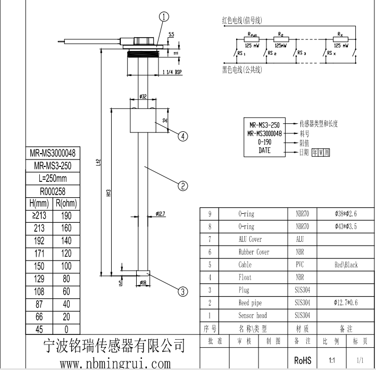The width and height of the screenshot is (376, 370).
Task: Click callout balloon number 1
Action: tap(164, 16)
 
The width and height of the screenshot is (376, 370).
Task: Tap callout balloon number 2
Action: tap(182, 186)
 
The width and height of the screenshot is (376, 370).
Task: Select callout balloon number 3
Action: tap(182, 291)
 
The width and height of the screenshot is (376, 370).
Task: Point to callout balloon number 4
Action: tap(182, 136)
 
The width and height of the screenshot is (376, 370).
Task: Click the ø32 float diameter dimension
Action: tap(143, 96)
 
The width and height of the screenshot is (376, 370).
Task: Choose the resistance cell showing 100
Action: tap(66, 266)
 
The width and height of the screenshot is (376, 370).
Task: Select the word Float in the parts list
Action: tap(245, 277)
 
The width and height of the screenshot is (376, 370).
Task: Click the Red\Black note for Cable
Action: tap(346, 264)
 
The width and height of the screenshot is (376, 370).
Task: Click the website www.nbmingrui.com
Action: tap(115, 364)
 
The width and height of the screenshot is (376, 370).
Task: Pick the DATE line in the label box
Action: tap(264, 150)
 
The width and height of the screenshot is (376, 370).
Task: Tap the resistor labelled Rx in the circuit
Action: tap(339, 39)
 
